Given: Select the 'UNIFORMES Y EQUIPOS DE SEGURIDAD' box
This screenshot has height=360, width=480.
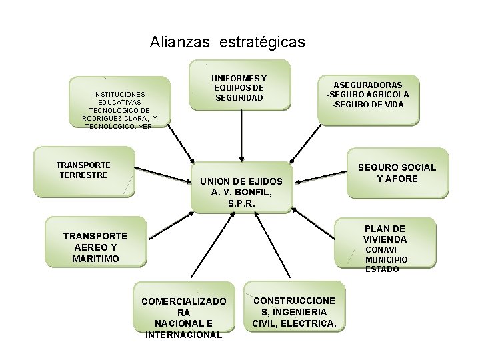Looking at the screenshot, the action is tap(240, 84).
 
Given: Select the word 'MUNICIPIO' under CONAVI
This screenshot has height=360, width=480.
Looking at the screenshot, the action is tap(386, 259).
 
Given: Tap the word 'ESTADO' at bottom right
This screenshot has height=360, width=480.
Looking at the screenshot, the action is tap(382, 269).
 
